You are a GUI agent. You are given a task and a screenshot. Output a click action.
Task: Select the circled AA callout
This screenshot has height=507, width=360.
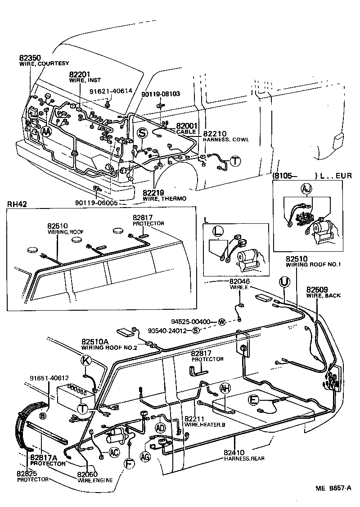pyautogui.click(x=46, y=131)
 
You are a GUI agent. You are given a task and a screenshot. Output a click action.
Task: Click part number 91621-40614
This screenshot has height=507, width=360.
pyautogui.click(x=111, y=91)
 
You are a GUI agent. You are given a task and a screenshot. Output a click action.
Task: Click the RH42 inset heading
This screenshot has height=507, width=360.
pyautogui.click(x=17, y=204)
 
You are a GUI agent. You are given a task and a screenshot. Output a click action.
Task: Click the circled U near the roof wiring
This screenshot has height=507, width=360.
pyautogui.click(x=283, y=282)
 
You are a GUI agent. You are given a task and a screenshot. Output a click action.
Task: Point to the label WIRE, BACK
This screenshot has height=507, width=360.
pyautogui.click(x=324, y=296)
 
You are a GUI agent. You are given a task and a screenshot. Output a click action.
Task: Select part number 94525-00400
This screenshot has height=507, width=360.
pyautogui.click(x=191, y=321)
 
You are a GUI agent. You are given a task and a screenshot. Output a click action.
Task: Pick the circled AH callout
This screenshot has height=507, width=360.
pyautogui.click(x=225, y=388)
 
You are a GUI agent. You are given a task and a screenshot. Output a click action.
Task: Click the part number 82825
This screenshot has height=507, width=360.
pyautogui.click(x=27, y=474)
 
